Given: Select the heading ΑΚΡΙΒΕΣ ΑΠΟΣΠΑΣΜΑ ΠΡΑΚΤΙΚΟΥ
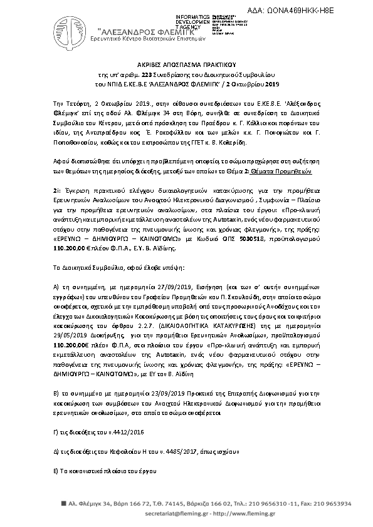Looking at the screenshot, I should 186,64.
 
